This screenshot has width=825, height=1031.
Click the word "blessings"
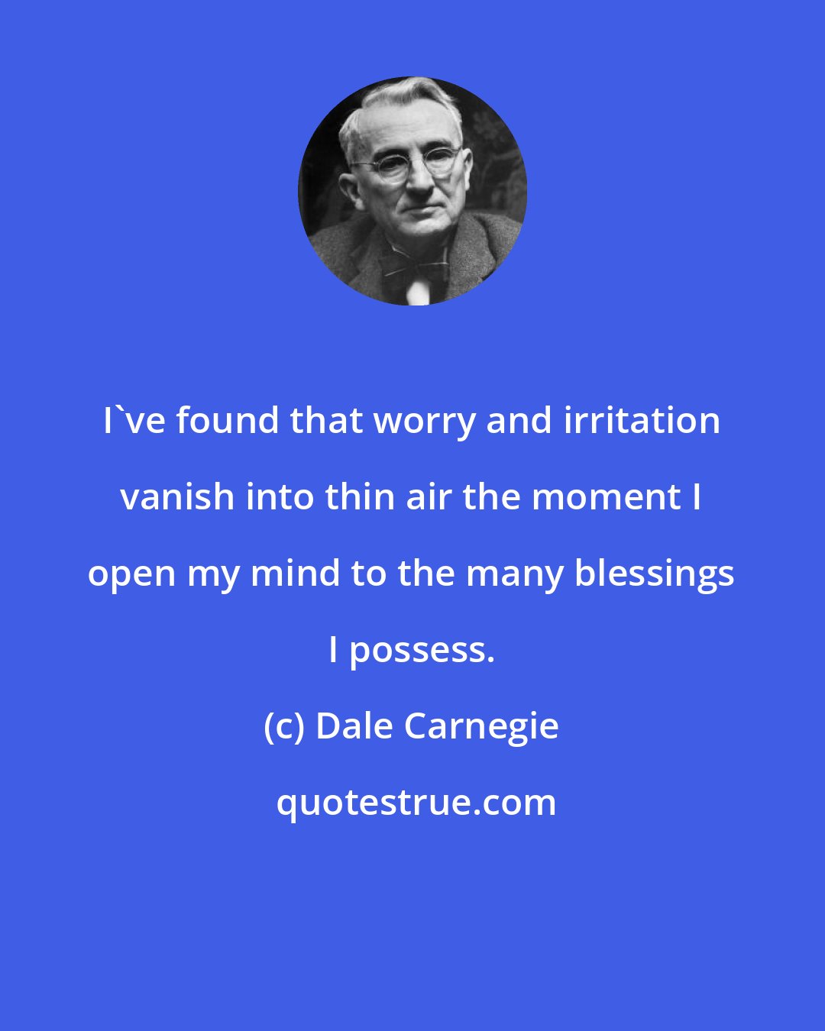point(654,574)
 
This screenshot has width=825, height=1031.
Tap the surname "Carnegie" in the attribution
point(480,727)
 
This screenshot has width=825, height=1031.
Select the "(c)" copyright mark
point(284,726)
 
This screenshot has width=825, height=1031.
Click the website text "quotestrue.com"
point(416,803)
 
